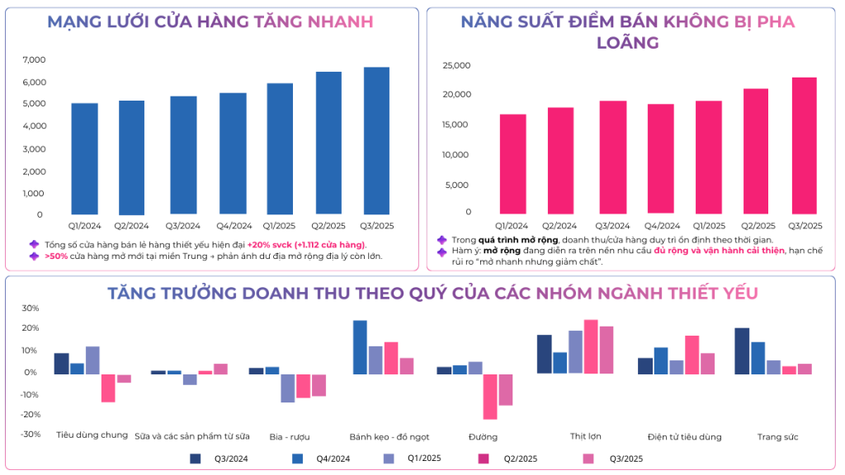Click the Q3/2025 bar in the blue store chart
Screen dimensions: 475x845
(376, 140)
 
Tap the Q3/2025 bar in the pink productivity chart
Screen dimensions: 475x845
(805, 145)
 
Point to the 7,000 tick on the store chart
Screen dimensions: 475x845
(34, 60)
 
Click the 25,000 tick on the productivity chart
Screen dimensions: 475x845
(456, 65)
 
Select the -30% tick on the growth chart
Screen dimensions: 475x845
(30, 434)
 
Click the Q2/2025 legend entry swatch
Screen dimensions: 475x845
(485, 459)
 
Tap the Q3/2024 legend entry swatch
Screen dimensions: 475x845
(196, 459)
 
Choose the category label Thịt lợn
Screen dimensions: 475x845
(585, 435)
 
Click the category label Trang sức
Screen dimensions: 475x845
(777, 435)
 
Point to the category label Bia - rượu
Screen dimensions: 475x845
(289, 435)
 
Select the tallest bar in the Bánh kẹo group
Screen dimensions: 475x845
(360, 347)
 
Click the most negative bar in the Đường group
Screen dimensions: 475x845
(490, 397)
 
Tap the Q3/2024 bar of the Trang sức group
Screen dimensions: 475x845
(742, 350)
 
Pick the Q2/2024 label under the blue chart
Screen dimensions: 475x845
(132, 225)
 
